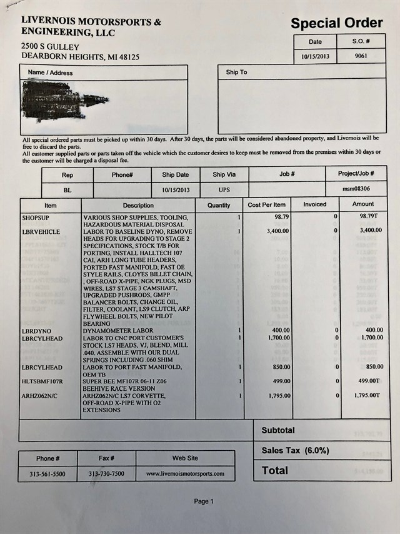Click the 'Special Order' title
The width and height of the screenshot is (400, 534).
pos(336,24)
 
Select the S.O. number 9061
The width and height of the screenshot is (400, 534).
pos(361,56)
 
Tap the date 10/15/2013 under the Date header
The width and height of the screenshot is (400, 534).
pos(315,56)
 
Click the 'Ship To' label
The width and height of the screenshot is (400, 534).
pos(236,73)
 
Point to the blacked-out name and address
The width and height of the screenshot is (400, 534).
pos(62,100)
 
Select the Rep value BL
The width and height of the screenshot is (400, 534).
pos(67,189)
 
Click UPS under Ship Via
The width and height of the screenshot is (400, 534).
pos(224,189)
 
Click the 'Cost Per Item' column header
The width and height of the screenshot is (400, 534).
pos(267,204)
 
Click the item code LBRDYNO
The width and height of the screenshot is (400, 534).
pos(36,330)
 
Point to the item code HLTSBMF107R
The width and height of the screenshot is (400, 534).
pos(42,381)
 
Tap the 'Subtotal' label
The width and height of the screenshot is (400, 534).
pos(278,430)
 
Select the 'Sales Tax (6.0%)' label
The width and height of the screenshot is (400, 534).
pos(295,450)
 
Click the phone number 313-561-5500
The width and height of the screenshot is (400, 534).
pos(47,474)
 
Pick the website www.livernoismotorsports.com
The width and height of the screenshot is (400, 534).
pos(185,474)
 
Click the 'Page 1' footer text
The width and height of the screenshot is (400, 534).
pos(204,501)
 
